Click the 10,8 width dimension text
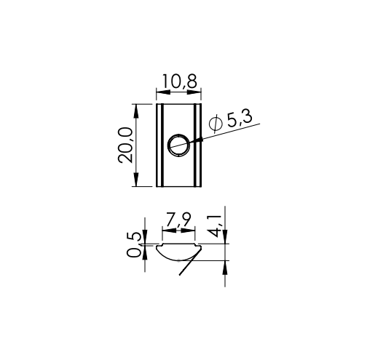[x=179, y=81]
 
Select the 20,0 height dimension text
[x=125, y=145]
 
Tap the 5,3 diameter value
[x=240, y=119]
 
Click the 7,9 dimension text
[x=178, y=220]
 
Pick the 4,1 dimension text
[x=215, y=225]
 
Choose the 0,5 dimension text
[x=134, y=244]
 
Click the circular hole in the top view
[x=179, y=145]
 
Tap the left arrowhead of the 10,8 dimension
[x=163, y=92]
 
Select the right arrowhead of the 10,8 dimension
[x=194, y=92]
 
